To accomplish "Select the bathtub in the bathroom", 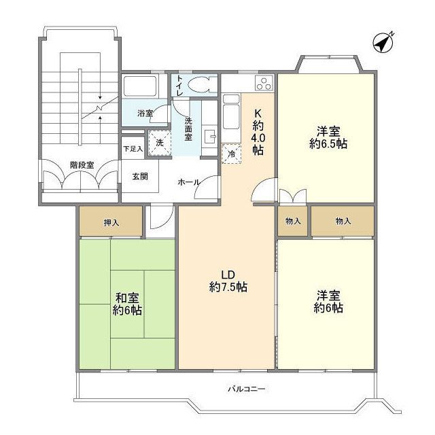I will click(x=140, y=86).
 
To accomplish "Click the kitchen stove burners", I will click(x=263, y=84).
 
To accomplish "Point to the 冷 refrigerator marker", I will click(x=231, y=154).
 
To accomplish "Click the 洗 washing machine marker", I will click(x=158, y=143).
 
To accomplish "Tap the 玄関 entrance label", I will click(x=140, y=176).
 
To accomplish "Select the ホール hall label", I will click(x=188, y=182).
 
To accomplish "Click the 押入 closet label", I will click(x=111, y=222).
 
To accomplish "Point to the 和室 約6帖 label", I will click(x=127, y=303).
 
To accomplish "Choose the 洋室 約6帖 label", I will click(x=327, y=302).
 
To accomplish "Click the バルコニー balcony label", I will click(x=246, y=389).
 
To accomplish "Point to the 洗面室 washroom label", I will click(x=189, y=129).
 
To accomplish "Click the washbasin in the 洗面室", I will click(x=209, y=134).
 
